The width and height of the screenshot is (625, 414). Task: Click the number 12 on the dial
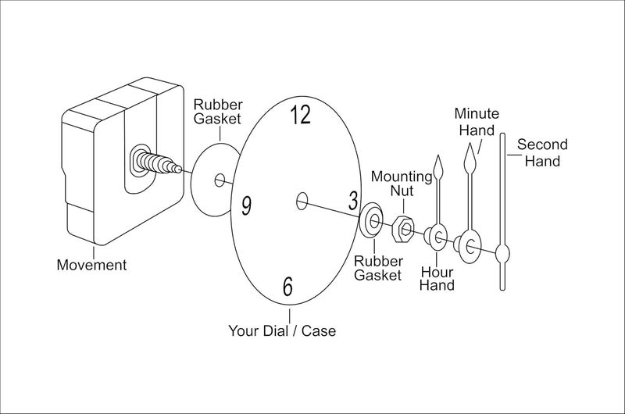(x=300, y=114)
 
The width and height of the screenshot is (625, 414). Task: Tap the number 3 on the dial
(x=353, y=201)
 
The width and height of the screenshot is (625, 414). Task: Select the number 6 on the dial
(x=287, y=286)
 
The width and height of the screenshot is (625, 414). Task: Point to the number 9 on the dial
(x=247, y=206)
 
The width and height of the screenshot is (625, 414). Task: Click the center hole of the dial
(x=302, y=201)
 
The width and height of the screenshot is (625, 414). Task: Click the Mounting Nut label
(x=402, y=184)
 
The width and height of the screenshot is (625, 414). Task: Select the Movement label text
(x=91, y=265)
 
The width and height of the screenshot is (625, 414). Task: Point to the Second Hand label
(x=542, y=152)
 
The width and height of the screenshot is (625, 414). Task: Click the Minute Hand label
(x=477, y=122)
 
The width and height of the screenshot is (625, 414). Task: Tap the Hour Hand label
(x=437, y=279)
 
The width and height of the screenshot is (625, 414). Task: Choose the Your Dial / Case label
(x=282, y=330)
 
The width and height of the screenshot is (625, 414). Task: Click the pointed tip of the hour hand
(x=439, y=155)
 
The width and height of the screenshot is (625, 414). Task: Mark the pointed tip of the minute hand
(x=470, y=145)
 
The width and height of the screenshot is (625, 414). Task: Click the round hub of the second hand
(x=502, y=252)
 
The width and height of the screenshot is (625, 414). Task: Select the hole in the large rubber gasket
(x=220, y=180)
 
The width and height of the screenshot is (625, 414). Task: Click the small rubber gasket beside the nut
(x=371, y=221)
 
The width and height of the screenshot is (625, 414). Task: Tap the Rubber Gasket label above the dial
(x=218, y=112)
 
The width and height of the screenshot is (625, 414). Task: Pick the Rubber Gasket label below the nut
(x=378, y=268)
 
